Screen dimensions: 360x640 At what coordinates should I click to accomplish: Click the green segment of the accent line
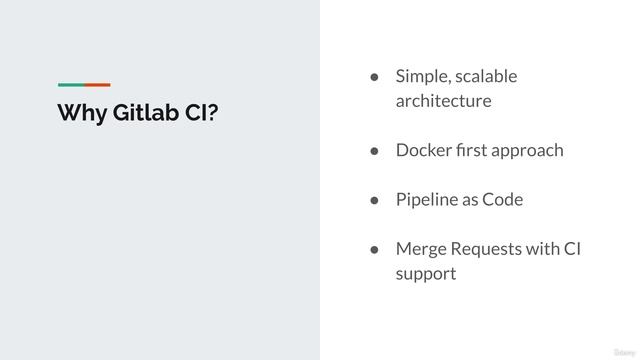[70, 84]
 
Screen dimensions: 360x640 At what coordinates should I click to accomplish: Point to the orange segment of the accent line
[97, 84]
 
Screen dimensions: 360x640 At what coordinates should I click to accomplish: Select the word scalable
[487, 77]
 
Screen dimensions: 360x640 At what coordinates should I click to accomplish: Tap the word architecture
[443, 101]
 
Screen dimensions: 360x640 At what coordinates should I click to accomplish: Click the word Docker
[423, 150]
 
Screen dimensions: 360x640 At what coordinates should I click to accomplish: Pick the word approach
[527, 150]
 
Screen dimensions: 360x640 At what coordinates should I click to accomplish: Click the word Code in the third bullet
[503, 199]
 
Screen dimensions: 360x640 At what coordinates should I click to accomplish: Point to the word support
[426, 272]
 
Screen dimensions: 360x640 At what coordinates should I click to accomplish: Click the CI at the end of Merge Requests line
[573, 248]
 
